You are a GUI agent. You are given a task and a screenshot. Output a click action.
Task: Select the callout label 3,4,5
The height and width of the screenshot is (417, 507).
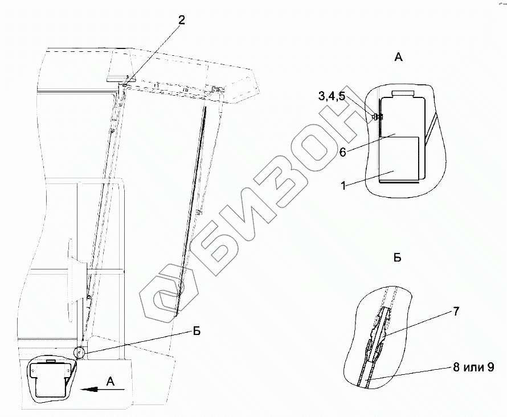click(332, 96)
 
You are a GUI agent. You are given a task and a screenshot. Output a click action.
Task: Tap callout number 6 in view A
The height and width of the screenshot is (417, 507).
click(342, 152)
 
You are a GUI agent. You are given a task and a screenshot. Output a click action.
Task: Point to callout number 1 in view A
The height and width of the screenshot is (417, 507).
click(344, 186)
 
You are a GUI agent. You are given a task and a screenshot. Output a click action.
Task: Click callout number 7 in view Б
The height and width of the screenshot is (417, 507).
click(456, 312)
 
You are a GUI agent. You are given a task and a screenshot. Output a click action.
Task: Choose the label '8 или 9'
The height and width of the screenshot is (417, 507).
click(473, 367)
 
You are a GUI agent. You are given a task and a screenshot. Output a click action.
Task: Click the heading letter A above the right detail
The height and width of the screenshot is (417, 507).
click(398, 57)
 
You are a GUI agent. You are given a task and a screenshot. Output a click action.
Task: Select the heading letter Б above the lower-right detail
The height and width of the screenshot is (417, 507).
click(398, 248)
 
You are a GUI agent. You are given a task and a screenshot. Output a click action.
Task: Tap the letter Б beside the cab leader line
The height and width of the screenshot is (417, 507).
click(197, 332)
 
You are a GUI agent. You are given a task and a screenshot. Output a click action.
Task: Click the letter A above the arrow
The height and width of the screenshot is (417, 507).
click(111, 382)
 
